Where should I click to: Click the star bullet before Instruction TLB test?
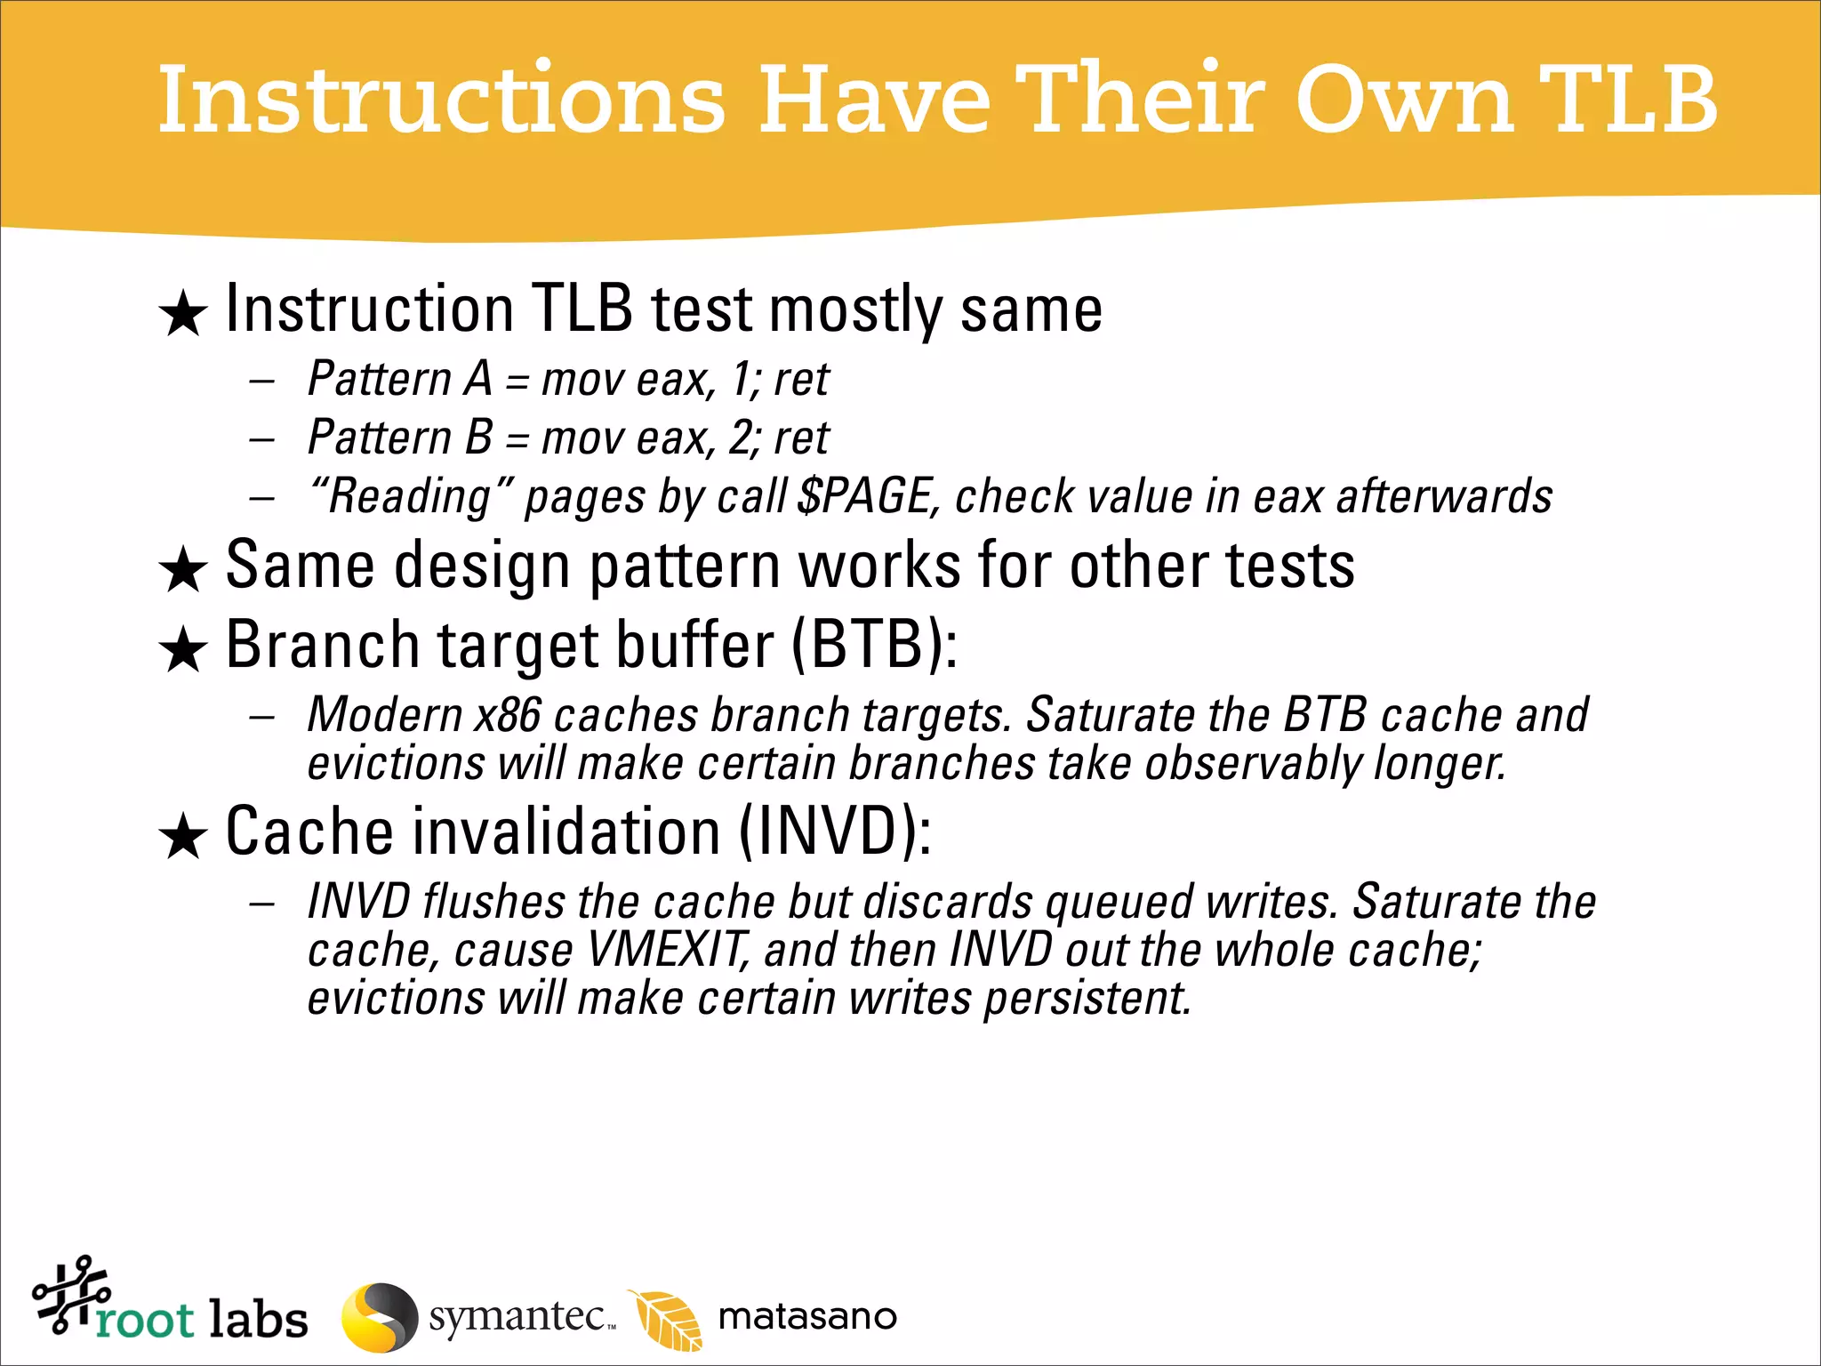pyautogui.click(x=183, y=314)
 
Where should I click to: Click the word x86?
pyautogui.click(x=507, y=715)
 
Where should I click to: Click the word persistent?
pyautogui.click(x=1087, y=998)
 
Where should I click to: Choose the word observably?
pyautogui.click(x=1253, y=763)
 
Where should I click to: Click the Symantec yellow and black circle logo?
pyautogui.click(x=379, y=1317)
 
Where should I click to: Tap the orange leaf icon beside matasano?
pyautogui.click(x=667, y=1319)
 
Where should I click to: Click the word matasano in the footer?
pyautogui.click(x=807, y=1317)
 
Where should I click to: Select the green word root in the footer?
pyautogui.click(x=145, y=1320)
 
